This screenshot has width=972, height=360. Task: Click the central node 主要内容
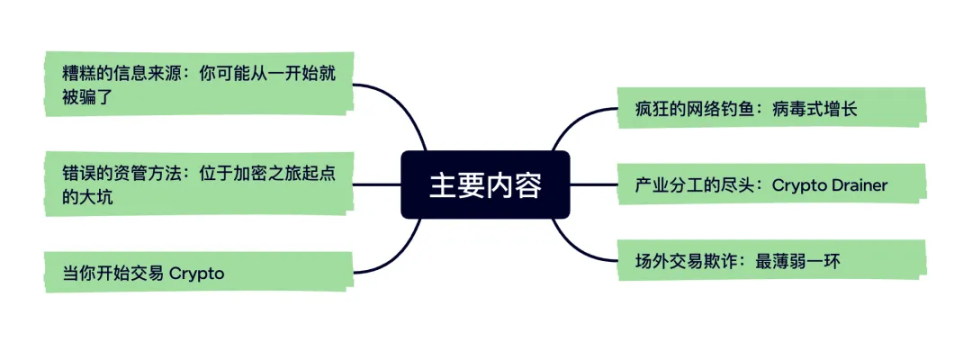(485, 185)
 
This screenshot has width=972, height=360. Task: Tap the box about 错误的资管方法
(200, 184)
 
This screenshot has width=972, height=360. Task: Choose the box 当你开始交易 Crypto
(200, 272)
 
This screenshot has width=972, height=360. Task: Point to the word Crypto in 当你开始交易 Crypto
(197, 273)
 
